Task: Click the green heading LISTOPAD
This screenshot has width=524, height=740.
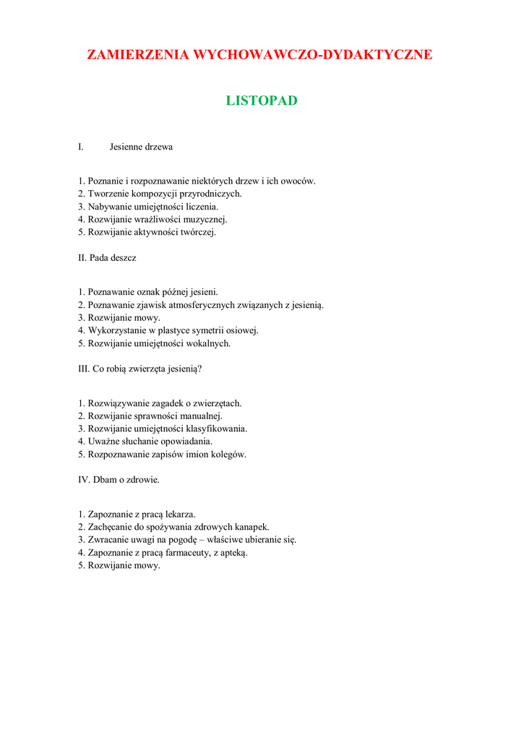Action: [262, 100]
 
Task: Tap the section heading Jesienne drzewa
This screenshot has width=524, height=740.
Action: [141, 147]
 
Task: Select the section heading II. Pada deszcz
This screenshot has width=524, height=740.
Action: [107, 258]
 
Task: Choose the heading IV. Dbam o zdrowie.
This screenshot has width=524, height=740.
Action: [119, 479]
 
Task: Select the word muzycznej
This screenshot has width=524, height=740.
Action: [206, 220]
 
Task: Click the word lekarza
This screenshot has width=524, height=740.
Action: [177, 515]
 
